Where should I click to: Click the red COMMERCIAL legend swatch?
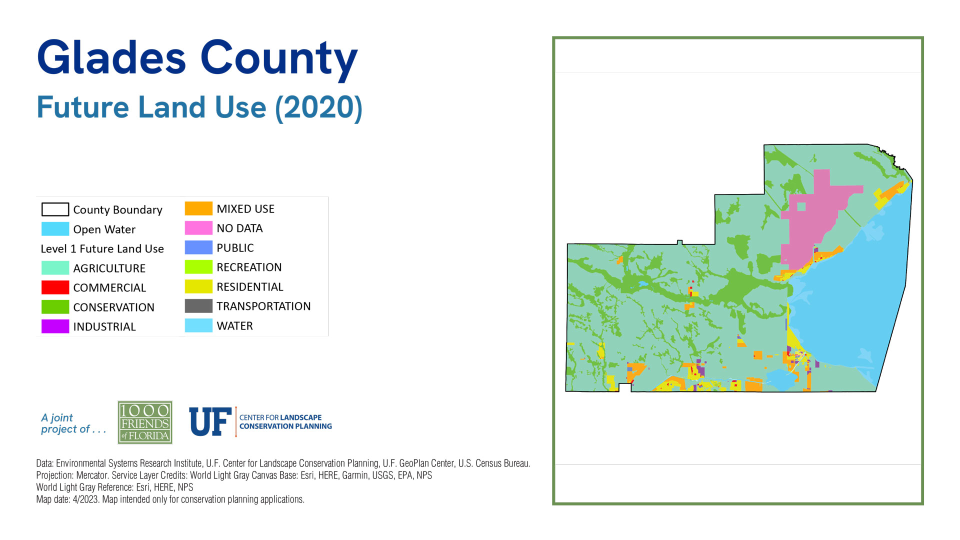pyautogui.click(x=55, y=287)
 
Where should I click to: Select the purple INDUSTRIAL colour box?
pyautogui.click(x=55, y=326)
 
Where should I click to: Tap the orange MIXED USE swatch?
pyautogui.click(x=198, y=208)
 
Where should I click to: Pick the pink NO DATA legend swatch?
pyautogui.click(x=198, y=228)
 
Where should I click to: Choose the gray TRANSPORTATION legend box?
pyautogui.click(x=198, y=306)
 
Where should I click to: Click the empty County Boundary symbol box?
pyautogui.click(x=55, y=209)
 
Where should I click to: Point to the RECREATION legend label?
pyautogui.click(x=249, y=267)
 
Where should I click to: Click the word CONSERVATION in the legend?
pyautogui.click(x=113, y=307)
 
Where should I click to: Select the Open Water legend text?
pyautogui.click(x=104, y=229)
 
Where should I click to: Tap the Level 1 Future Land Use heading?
pyautogui.click(x=102, y=248)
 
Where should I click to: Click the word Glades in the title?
pyautogui.click(x=111, y=58)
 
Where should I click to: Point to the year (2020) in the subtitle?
pyautogui.click(x=318, y=107)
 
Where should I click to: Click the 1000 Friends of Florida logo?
pyautogui.click(x=145, y=422)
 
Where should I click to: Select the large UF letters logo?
pyautogui.click(x=210, y=421)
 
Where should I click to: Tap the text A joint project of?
pyautogui.click(x=73, y=423)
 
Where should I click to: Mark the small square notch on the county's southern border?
pyautogui.click(x=625, y=387)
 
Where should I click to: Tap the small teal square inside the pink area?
pyautogui.click(x=801, y=206)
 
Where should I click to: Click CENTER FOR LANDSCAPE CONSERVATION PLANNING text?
pyautogui.click(x=285, y=421)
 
